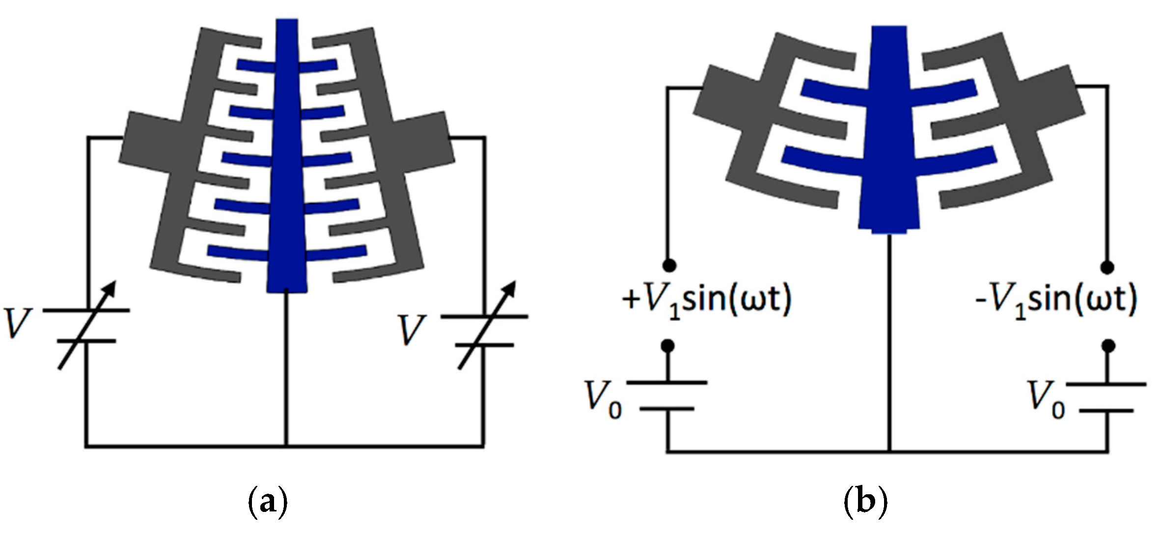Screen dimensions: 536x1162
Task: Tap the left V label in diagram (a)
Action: point(18,324)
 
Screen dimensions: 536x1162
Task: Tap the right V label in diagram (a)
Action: point(412,330)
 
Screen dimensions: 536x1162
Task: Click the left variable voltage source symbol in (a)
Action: point(87,325)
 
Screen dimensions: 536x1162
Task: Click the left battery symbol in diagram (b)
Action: point(667,395)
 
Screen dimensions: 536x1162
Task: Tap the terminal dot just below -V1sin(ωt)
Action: point(1107,346)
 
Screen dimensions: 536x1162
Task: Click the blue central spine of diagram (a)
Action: point(287,162)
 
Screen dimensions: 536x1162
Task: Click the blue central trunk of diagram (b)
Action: point(889,138)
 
